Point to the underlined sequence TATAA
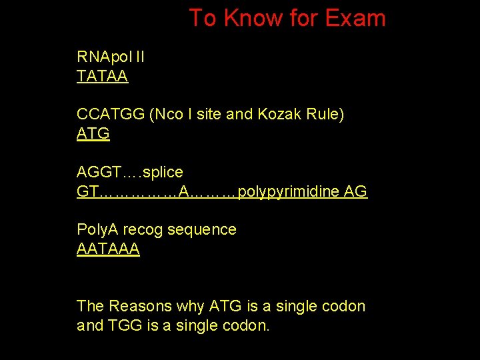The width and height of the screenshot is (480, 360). click(x=102, y=77)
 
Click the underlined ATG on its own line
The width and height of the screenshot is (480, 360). click(x=93, y=134)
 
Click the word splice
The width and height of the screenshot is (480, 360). click(x=163, y=173)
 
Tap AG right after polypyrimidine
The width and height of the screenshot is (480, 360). click(x=356, y=192)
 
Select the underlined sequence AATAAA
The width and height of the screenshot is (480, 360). click(x=108, y=249)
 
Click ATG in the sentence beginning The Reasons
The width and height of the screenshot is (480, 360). click(x=225, y=307)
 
